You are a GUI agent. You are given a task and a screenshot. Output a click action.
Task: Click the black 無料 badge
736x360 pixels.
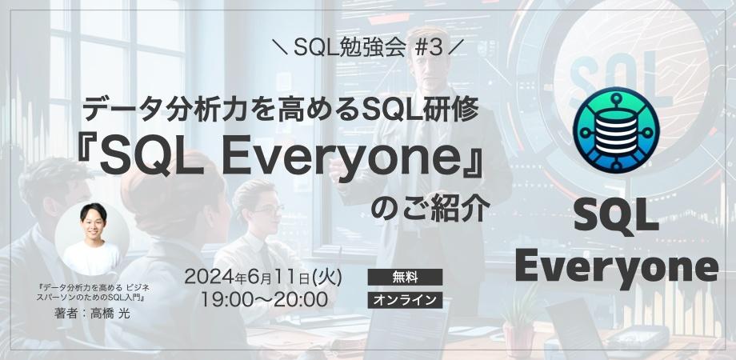[405, 277]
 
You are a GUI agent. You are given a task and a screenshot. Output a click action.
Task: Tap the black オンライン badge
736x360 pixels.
[405, 300]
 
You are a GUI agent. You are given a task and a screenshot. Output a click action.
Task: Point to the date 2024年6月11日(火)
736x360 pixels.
[264, 277]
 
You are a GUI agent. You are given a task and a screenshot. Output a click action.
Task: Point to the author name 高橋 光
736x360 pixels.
[110, 314]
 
